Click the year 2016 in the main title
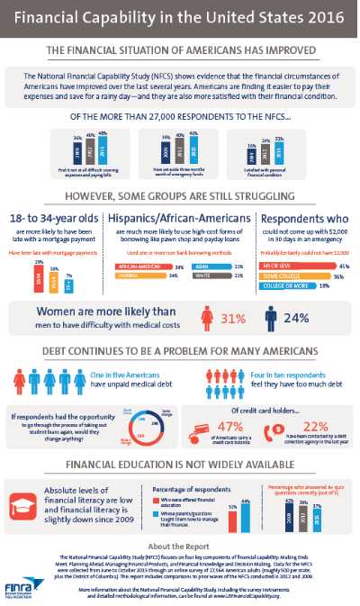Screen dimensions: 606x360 (319, 16)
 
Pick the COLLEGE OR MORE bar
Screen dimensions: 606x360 (290, 285)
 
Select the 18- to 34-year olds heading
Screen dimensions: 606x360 (53, 220)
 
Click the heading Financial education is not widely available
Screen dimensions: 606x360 (180, 465)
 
